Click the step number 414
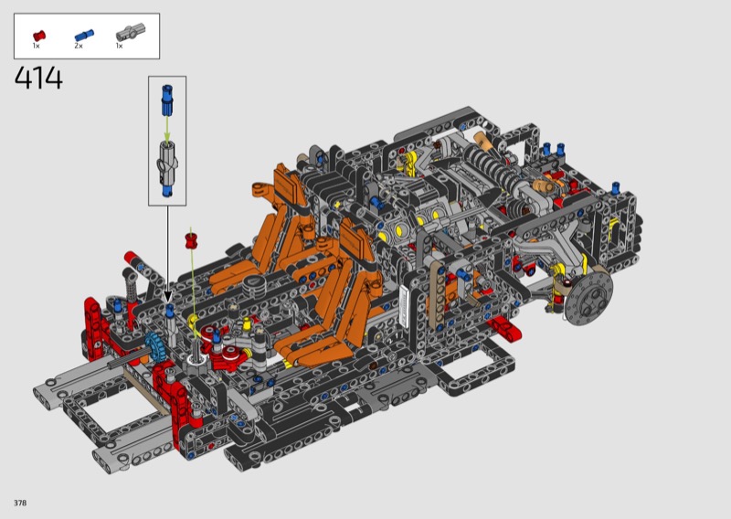tap(38, 78)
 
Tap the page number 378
tap(20, 503)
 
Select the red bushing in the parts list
tap(39, 35)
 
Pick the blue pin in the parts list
tap(84, 35)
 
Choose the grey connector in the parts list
tap(131, 33)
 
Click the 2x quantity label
tap(79, 46)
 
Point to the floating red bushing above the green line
tap(191, 240)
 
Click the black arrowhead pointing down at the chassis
tap(167, 297)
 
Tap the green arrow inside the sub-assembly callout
tap(167, 128)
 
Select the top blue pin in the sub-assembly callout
tap(167, 100)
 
